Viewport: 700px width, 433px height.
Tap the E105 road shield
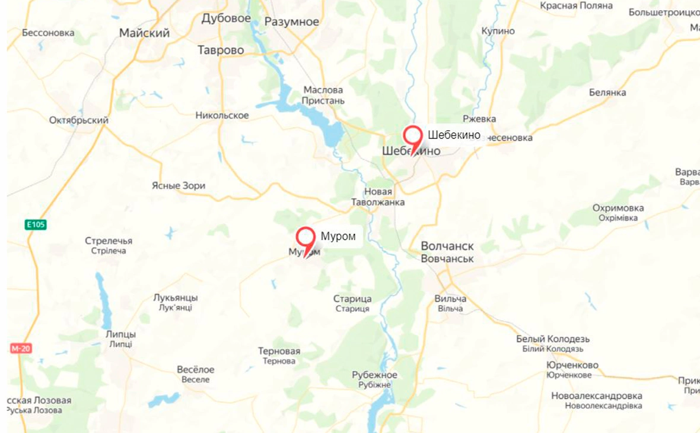click(36, 225)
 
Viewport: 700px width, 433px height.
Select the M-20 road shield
click(21, 348)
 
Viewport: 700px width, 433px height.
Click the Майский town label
click(144, 33)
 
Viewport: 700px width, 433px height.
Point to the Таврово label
click(221, 50)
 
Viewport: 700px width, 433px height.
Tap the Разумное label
click(292, 22)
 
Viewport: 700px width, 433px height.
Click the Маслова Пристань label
click(323, 95)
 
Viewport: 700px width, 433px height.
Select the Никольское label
click(222, 115)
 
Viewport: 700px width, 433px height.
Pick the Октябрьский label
click(79, 121)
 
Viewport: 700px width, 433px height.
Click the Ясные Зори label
click(179, 186)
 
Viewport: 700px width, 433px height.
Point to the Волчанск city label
click(447, 246)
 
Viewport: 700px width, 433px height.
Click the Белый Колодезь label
click(553, 339)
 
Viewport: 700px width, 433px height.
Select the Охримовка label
click(618, 208)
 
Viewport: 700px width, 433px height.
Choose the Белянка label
click(607, 93)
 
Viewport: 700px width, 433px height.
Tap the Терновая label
click(279, 351)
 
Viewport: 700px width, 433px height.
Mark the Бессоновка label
click(48, 33)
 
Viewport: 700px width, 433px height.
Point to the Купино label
click(498, 30)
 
